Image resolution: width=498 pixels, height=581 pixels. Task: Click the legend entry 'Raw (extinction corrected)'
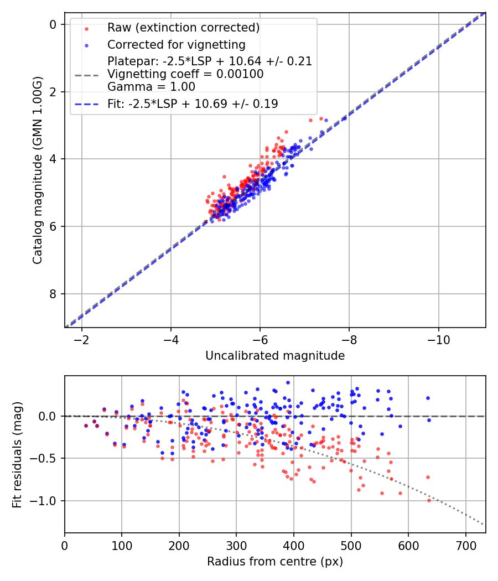click(183, 28)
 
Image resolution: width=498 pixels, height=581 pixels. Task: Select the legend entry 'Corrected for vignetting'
click(176, 44)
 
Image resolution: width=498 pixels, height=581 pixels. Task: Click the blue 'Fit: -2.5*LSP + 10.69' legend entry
click(193, 103)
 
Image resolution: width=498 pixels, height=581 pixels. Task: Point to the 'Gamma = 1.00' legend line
click(151, 87)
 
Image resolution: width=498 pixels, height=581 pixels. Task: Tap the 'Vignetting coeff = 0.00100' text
click(185, 74)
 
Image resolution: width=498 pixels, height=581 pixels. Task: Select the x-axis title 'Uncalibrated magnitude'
click(275, 356)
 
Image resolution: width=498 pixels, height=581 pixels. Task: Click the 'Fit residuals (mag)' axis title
click(17, 454)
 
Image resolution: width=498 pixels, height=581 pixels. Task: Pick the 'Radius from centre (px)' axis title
click(275, 562)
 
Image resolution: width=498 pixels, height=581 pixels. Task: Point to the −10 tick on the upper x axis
click(439, 338)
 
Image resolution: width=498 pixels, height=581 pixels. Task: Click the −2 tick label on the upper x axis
click(82, 338)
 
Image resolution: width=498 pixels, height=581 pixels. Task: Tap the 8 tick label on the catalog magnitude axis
click(53, 294)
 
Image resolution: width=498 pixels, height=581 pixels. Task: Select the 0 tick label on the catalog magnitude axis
click(53, 24)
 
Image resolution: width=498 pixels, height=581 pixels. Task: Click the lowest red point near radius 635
click(429, 500)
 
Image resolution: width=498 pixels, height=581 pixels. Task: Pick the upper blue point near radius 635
click(428, 398)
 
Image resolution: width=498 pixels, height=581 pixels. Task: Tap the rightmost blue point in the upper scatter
click(326, 120)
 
